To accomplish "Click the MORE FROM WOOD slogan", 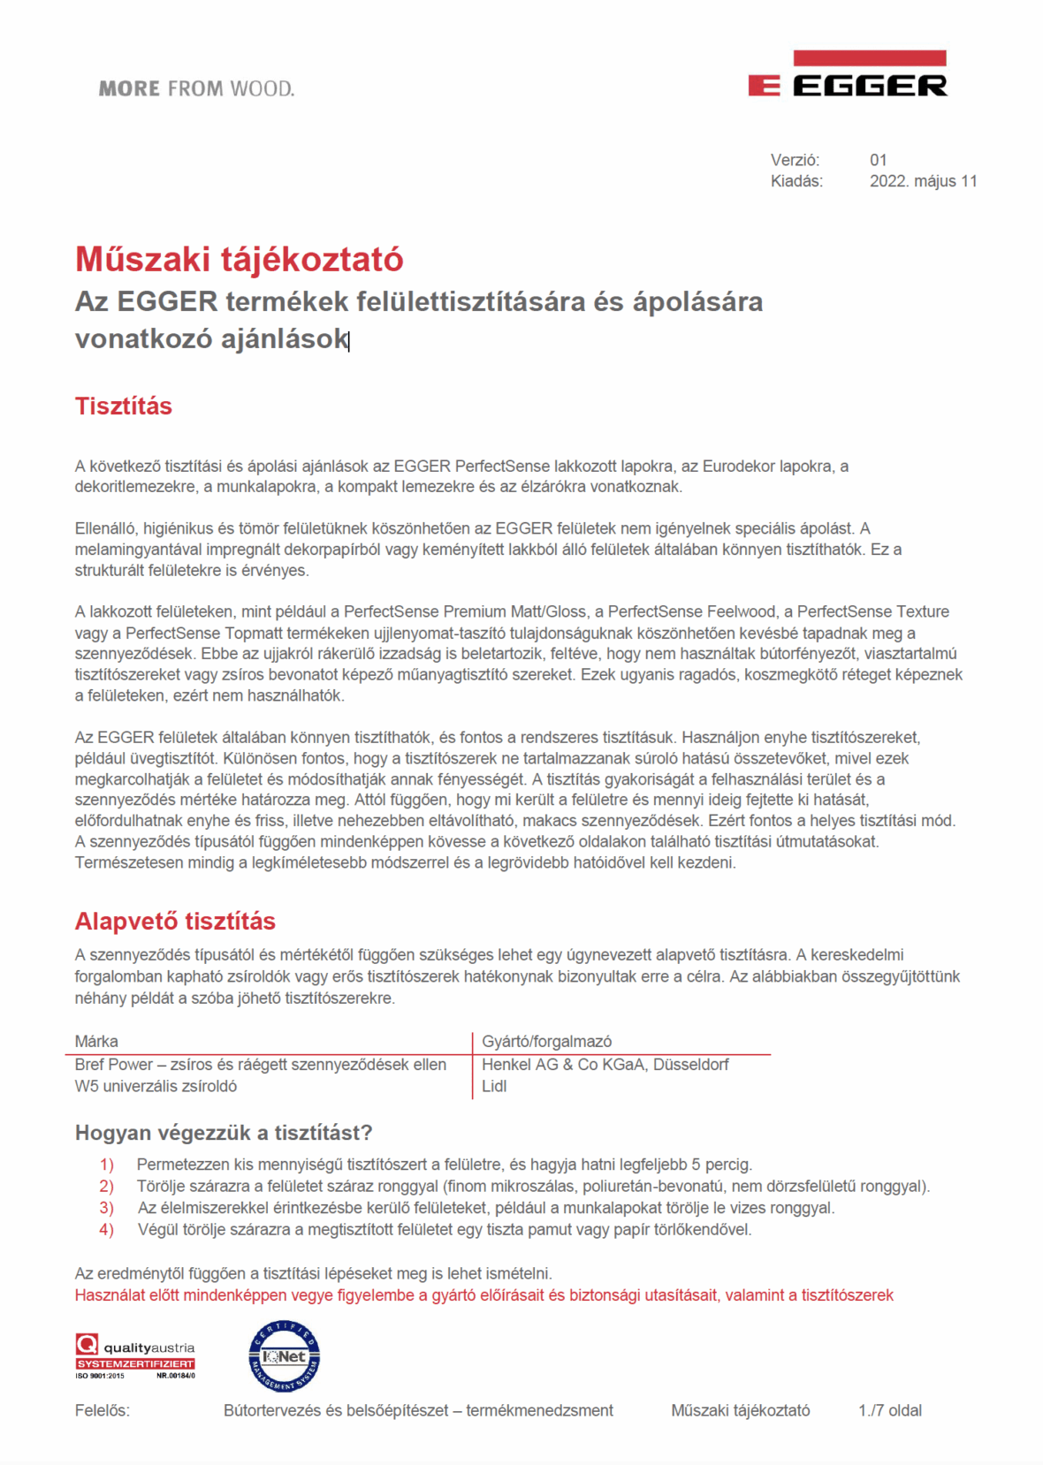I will [196, 88].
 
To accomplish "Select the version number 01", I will [878, 160].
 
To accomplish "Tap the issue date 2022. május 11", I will [923, 181].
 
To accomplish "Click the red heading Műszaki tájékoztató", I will [239, 260].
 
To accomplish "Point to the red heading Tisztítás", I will [123, 406].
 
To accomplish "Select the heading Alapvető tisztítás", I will [175, 922].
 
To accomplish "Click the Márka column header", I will [96, 1042].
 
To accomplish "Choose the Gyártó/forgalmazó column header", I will [546, 1042].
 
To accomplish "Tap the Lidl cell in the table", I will [494, 1087].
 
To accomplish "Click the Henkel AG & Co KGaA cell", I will [605, 1065].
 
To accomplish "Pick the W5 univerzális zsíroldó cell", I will [156, 1087].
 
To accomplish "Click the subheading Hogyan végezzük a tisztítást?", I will [224, 1133].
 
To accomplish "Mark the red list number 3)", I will [106, 1208].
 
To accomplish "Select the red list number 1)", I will [106, 1165].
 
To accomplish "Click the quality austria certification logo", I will [134, 1357].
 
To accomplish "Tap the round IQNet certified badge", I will [284, 1356].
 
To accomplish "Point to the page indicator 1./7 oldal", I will [889, 1411].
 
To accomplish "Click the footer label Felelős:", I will [102, 1411].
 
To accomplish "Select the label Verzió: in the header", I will [795, 160].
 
